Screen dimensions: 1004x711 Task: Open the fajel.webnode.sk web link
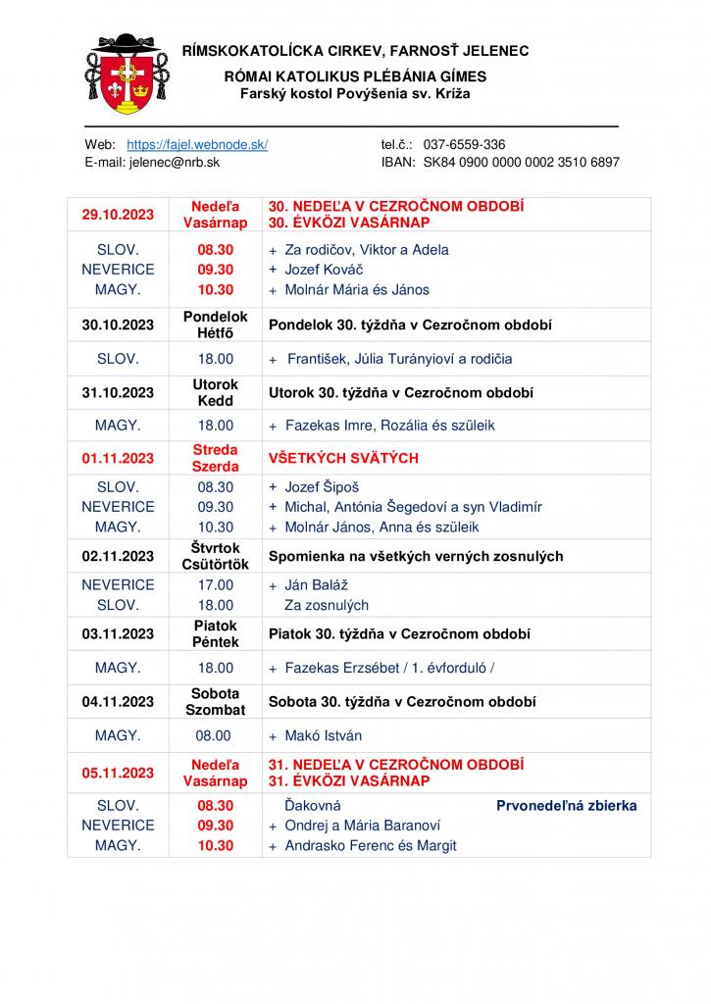click(x=197, y=144)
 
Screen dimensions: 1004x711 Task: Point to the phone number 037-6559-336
click(x=464, y=144)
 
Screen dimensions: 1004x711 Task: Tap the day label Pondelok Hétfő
click(x=216, y=325)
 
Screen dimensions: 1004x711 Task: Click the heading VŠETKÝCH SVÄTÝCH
click(x=343, y=458)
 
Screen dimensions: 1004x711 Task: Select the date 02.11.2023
click(x=118, y=556)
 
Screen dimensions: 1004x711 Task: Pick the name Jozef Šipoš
click(x=322, y=487)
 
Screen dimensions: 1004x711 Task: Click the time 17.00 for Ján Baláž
click(x=216, y=585)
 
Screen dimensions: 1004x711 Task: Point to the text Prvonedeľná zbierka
click(x=566, y=806)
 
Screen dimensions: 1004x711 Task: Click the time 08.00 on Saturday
click(x=216, y=735)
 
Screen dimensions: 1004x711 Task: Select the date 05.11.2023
click(x=118, y=773)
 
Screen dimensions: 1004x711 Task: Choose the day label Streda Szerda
click(x=216, y=458)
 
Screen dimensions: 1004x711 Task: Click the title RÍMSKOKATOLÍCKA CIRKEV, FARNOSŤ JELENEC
click(x=356, y=50)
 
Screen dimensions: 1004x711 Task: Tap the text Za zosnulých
click(x=327, y=605)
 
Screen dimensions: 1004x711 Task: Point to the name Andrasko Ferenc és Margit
click(x=371, y=845)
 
